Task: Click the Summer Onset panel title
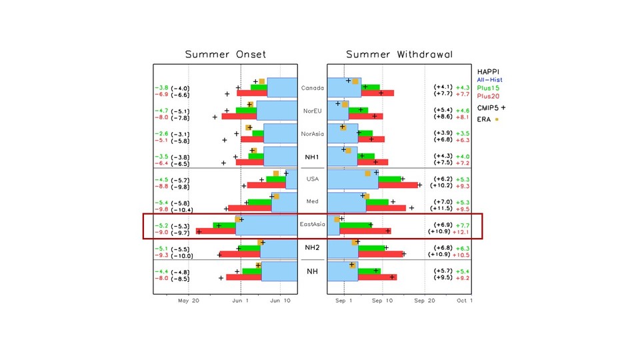click(225, 54)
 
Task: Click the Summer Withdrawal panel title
click(399, 54)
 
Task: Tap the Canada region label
click(312, 88)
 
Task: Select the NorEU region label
click(312, 111)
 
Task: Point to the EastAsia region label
click(312, 224)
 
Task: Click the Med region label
click(312, 201)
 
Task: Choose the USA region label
click(312, 179)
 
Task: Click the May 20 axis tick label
click(189, 301)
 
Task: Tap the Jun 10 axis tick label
click(280, 301)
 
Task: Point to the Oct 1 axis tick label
click(465, 301)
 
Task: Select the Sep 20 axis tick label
click(424, 301)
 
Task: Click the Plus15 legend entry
click(490, 88)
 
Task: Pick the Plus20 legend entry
click(490, 96)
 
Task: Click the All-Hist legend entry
click(490, 80)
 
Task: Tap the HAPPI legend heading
click(489, 71)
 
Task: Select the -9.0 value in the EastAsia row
click(161, 233)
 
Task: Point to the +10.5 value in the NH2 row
click(461, 255)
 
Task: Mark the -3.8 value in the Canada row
click(161, 88)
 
